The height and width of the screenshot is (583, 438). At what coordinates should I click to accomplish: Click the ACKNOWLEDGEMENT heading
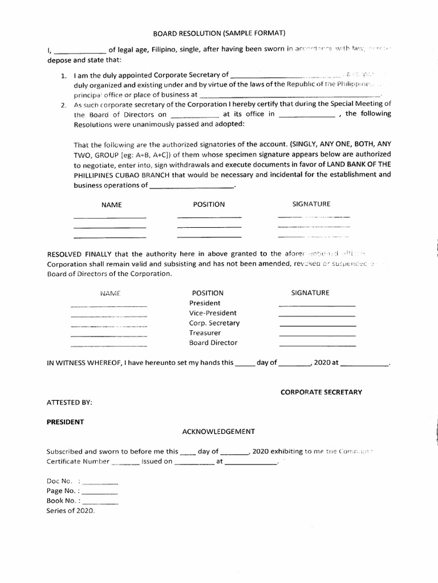point(218,432)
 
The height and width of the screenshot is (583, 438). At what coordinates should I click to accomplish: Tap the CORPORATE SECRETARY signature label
point(321,392)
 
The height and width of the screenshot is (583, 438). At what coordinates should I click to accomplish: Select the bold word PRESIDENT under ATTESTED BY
point(65,422)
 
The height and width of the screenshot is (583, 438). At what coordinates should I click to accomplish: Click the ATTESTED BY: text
point(69,402)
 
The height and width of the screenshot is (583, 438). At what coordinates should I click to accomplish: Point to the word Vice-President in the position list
point(213,313)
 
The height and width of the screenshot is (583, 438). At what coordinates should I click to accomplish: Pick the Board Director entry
point(213,343)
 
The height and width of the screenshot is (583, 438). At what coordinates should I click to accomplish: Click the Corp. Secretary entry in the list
point(214,323)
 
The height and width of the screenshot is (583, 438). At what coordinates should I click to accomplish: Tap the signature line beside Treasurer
point(317,335)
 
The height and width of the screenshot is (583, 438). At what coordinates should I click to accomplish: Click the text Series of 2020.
point(71,511)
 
